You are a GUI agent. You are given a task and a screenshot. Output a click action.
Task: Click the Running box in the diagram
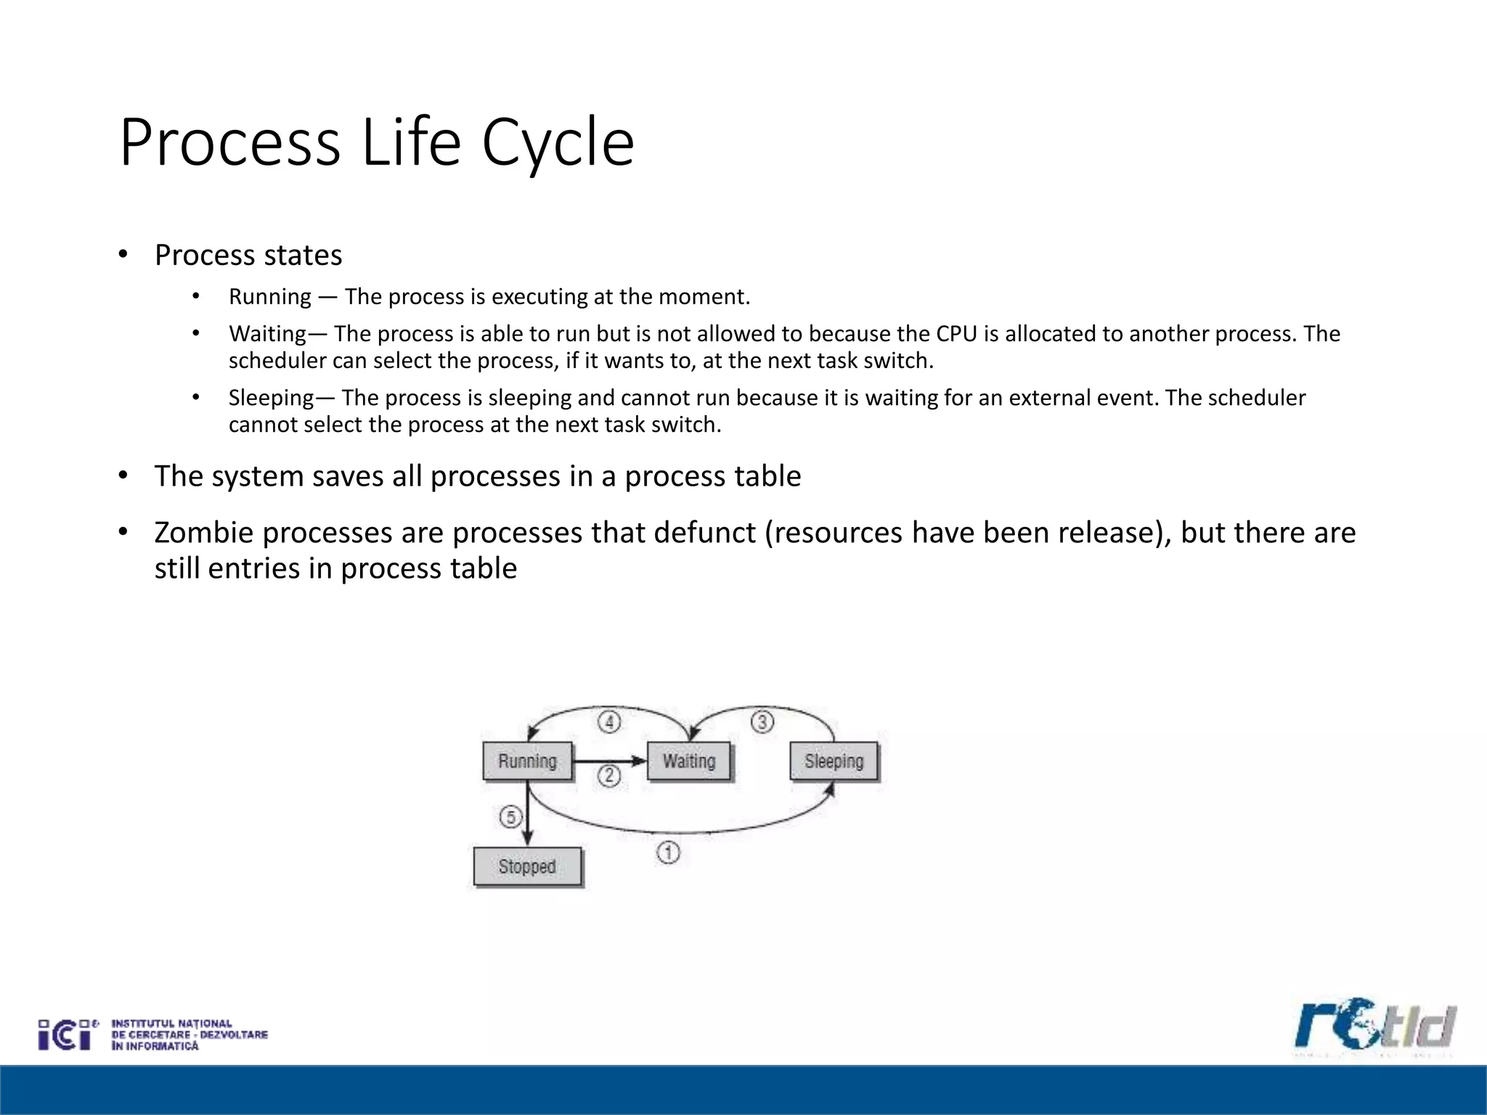point(527,761)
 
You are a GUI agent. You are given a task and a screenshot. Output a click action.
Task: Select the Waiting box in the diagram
point(689,761)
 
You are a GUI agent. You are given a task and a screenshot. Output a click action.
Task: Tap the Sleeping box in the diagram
point(834,761)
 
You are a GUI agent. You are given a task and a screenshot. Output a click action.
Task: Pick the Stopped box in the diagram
point(527,866)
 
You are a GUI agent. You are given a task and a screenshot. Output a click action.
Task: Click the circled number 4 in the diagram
point(609,722)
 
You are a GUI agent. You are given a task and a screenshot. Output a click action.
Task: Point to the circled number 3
point(762,722)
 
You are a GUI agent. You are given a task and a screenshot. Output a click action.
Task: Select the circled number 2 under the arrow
point(609,776)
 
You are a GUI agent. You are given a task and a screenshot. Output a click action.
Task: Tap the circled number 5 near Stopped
point(510,817)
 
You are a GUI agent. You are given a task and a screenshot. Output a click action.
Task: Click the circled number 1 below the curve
point(668,852)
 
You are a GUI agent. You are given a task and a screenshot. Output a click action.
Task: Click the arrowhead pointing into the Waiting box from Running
point(639,761)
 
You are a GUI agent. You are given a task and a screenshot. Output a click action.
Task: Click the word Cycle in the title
point(558,143)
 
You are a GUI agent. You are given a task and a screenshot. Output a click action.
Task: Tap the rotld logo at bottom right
point(1374,1026)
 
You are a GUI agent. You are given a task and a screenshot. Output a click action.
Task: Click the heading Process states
point(248,256)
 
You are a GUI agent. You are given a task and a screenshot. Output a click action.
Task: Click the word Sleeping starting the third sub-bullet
point(271,398)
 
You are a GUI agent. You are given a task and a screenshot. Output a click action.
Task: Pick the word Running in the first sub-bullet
point(269,297)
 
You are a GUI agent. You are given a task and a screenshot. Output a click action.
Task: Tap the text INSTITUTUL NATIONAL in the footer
point(171,1024)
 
